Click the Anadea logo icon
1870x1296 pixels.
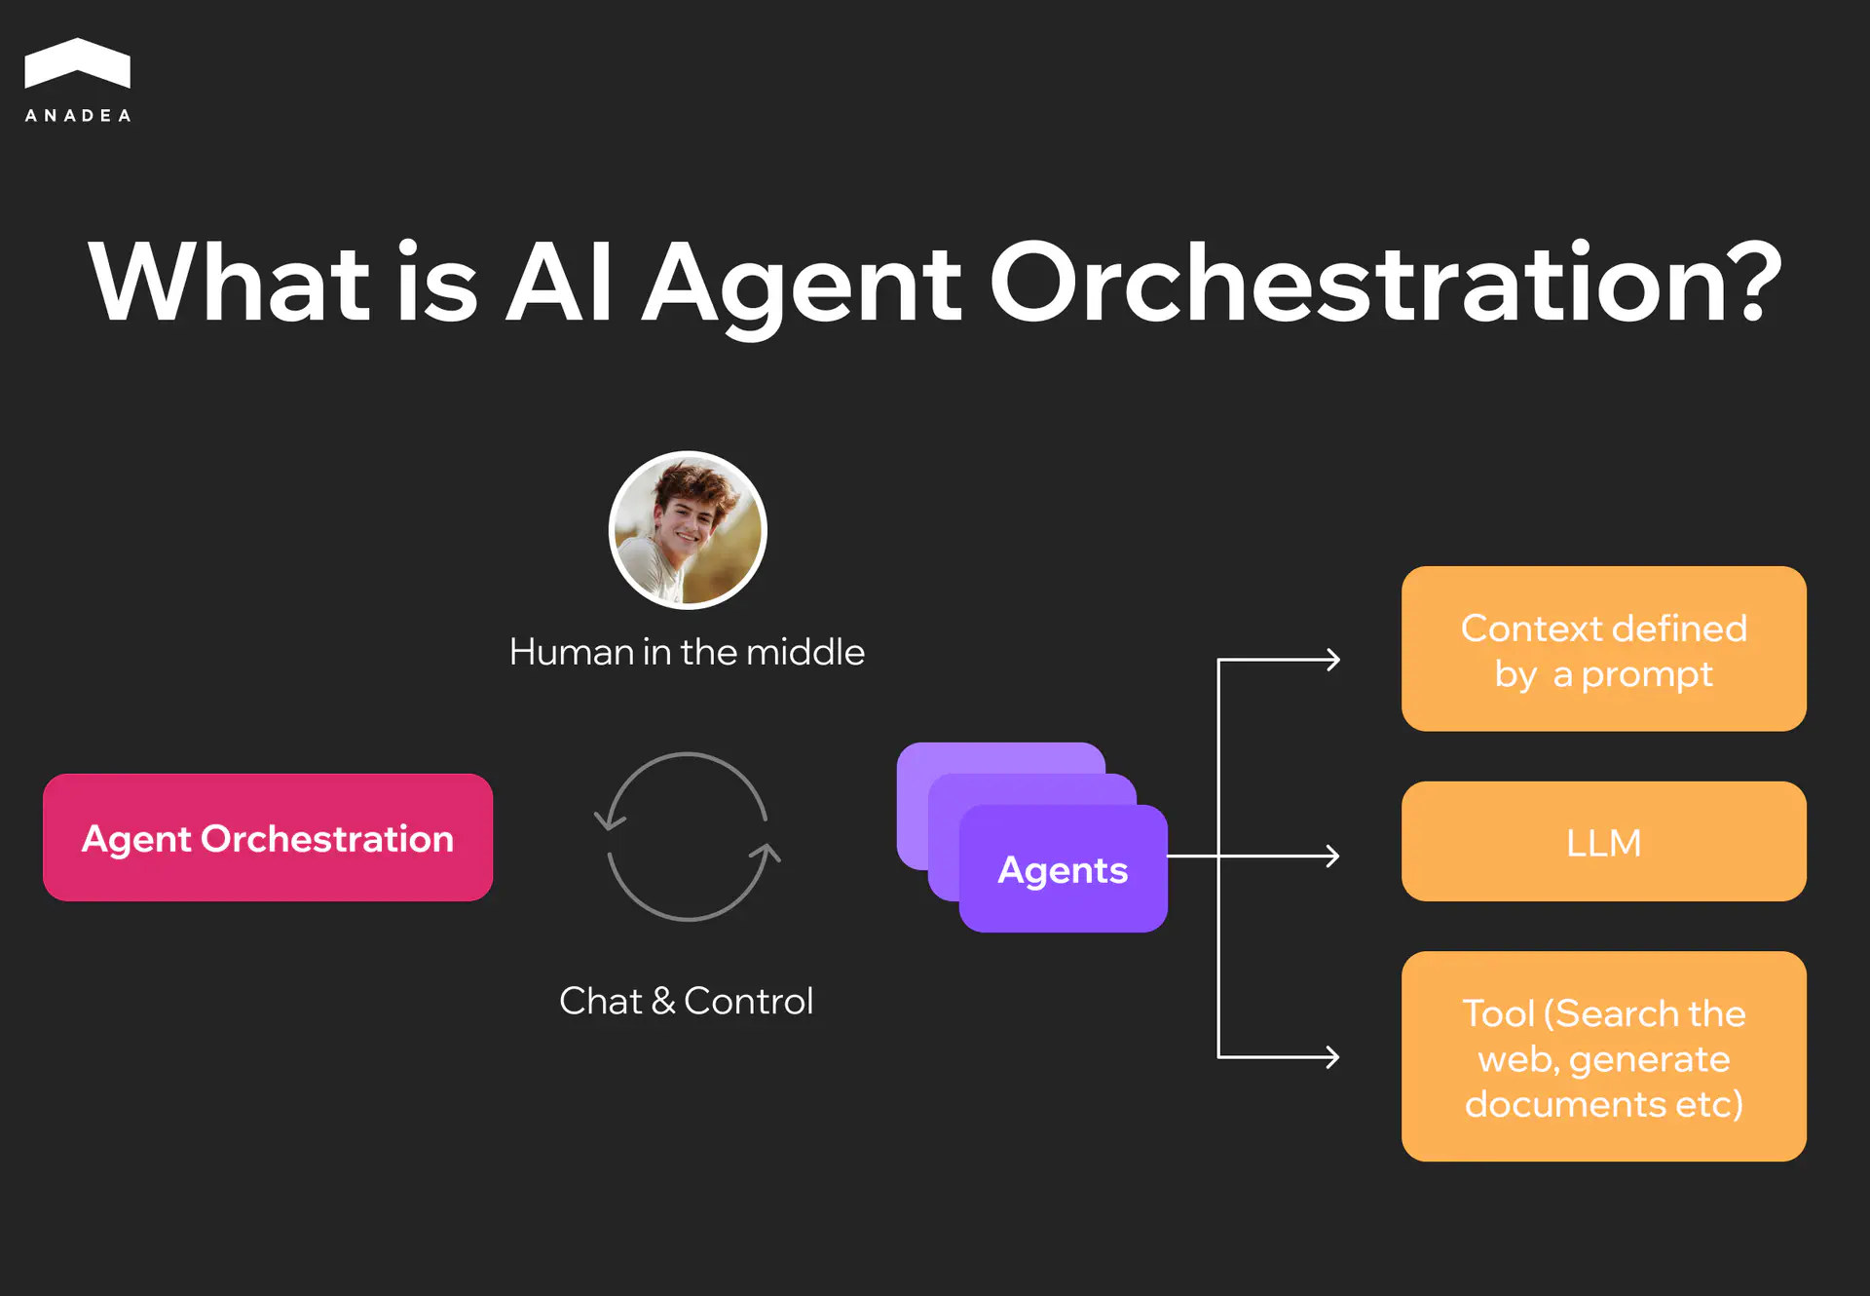click(x=77, y=63)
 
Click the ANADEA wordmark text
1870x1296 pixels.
click(x=77, y=116)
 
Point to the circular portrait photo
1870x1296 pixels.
click(x=688, y=530)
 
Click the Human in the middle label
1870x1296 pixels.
click(x=687, y=652)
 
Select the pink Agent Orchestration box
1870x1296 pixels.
click(x=268, y=838)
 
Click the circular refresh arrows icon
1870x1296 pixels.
click(x=688, y=837)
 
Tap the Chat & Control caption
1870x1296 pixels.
click(x=687, y=1001)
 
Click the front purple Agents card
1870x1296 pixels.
click(x=1063, y=869)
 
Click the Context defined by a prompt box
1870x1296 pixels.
click(x=1603, y=649)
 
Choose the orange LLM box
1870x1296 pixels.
click(x=1603, y=842)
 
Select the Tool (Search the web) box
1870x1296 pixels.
click(x=1603, y=1056)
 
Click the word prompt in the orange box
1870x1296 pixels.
click(x=1646, y=674)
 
